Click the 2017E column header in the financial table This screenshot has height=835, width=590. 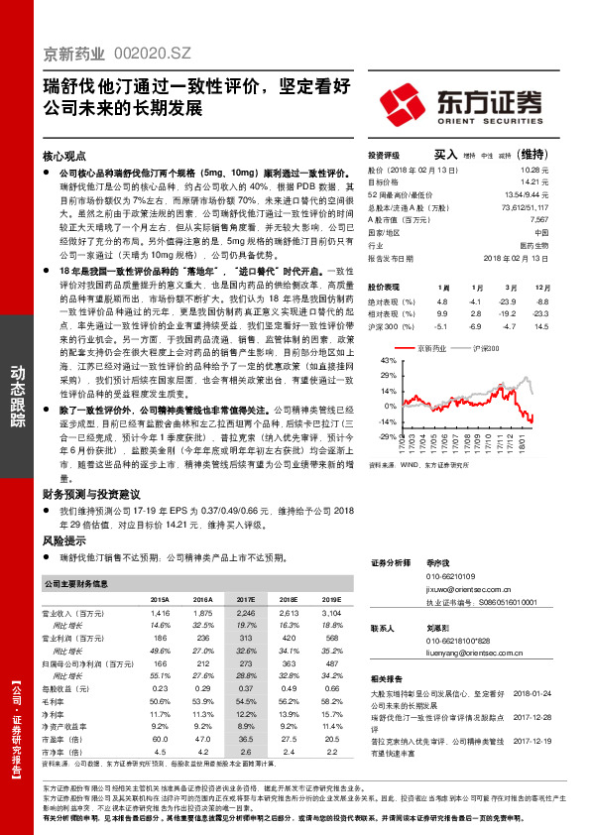click(x=246, y=600)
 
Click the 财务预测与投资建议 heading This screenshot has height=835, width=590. click(x=91, y=492)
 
